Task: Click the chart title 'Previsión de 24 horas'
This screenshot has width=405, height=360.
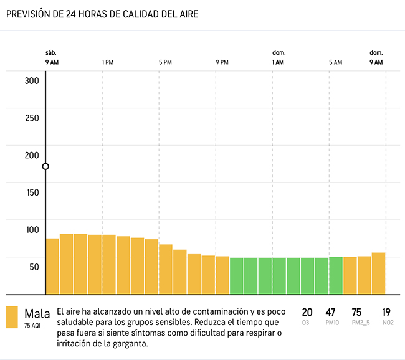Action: pos(102,14)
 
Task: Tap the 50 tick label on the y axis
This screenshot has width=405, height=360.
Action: pos(32,267)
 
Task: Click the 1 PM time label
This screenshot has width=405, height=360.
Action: pos(108,62)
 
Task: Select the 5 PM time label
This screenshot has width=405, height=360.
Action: pos(165,62)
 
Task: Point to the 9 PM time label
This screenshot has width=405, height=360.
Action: pos(222,62)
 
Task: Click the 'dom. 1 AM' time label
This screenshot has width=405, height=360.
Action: pos(278,58)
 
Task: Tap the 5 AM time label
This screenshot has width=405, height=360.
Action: pos(335,62)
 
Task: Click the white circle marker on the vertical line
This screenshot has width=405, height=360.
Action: pos(45,166)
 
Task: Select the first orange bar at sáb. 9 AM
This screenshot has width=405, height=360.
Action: pos(52,266)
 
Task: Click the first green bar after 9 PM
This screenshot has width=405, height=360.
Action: pos(237,275)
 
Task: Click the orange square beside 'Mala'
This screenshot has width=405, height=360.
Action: pos(12,317)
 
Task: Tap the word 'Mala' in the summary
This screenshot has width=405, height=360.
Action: pos(37,313)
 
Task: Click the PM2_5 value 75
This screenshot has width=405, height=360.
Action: pos(356,312)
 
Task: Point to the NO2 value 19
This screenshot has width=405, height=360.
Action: pos(386,312)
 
